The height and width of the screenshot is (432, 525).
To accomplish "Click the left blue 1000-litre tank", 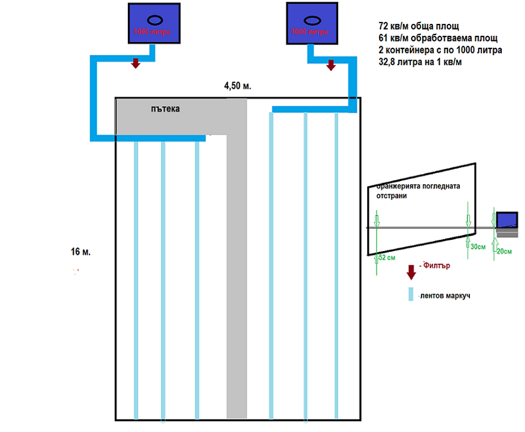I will [153, 24].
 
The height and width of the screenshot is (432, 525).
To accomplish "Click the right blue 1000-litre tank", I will [312, 24].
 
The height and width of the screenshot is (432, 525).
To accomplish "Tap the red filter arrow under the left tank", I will [136, 64].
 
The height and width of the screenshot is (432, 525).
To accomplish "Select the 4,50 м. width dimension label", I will [238, 86].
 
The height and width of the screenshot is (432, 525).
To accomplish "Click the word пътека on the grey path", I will [166, 108].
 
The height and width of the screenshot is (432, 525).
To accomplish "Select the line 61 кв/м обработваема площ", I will [437, 38].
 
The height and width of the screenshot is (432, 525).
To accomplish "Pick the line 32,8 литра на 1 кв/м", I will [420, 62].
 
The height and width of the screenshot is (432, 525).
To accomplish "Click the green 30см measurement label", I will [477, 246].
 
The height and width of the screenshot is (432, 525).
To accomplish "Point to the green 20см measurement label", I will [504, 251].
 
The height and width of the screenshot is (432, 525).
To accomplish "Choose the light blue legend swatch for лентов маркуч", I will [411, 294].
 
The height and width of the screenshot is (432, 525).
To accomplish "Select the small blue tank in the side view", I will [507, 219].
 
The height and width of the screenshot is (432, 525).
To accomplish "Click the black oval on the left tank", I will [153, 20].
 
